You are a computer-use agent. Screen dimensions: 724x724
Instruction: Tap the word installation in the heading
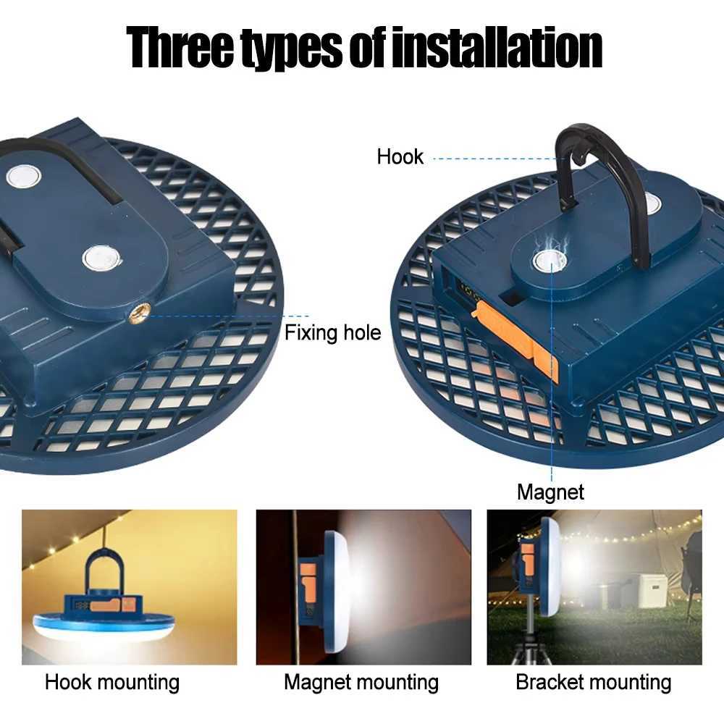497,47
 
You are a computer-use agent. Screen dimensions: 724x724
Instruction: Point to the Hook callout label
400,156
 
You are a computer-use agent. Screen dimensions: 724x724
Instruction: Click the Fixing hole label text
332,333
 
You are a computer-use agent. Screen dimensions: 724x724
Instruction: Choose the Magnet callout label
550,492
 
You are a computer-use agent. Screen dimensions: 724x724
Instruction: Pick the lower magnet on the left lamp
98,257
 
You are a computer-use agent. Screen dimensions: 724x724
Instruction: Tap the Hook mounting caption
112,682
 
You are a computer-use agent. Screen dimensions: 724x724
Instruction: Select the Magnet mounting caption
361,682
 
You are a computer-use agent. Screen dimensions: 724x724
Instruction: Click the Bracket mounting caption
594,682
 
